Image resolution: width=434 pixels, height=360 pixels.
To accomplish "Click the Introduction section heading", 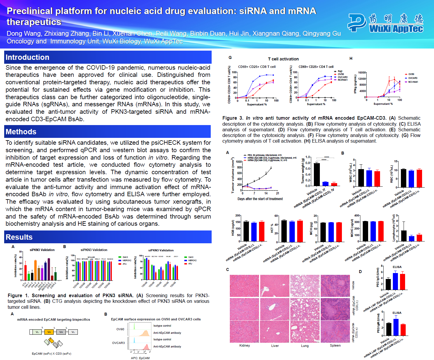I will pyautogui.click(x=27, y=57).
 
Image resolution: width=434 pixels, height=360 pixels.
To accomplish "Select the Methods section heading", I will pyautogui.click(x=21, y=132).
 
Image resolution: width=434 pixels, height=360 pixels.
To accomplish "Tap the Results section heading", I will pyautogui.click(x=19, y=237).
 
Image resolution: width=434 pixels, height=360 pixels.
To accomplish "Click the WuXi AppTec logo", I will pyautogui.click(x=386, y=23).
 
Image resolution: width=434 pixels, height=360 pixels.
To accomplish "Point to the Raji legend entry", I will pyautogui.click(x=340, y=71).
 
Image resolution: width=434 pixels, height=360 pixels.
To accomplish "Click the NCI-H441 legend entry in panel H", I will pyautogui.click(x=413, y=82).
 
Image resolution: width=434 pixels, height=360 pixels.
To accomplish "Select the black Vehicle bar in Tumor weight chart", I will pyautogui.click(x=317, y=174).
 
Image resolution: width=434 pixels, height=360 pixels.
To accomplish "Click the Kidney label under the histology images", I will pyautogui.click(x=244, y=345).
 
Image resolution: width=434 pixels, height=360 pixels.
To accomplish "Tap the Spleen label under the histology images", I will pyautogui.click(x=335, y=345).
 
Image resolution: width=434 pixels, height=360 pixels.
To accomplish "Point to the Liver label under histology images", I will pyautogui.click(x=275, y=346).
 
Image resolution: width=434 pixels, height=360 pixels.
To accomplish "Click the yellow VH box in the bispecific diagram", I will pyautogui.click(x=49, y=332).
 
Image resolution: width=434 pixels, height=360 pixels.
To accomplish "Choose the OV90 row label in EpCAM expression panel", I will pyautogui.click(x=120, y=329).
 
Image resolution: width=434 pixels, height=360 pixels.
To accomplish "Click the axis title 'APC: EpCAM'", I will pyautogui.click(x=140, y=358).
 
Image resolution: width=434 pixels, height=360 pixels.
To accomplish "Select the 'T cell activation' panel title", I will pyautogui.click(x=283, y=59).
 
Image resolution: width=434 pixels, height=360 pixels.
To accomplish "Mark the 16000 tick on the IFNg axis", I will pyautogui.click(x=362, y=73).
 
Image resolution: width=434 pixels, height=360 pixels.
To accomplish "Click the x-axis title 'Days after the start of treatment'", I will pyautogui.click(x=260, y=199).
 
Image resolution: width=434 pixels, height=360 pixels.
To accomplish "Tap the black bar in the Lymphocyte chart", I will pyautogui.click(x=404, y=236).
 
